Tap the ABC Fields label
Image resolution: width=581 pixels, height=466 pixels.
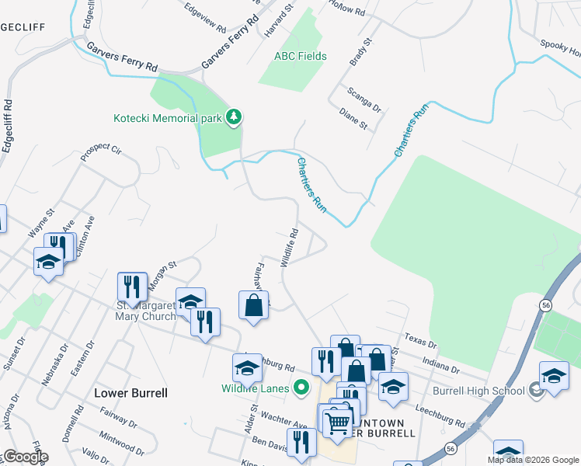coord(301,56)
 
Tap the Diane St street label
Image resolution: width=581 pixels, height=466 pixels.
coord(353,118)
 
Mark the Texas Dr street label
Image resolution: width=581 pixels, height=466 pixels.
coord(421,342)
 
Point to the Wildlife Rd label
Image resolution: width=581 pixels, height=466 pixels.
coord(290,247)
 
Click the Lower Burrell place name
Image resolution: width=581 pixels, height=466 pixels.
coord(130,393)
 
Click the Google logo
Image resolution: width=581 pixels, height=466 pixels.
coord(24,457)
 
